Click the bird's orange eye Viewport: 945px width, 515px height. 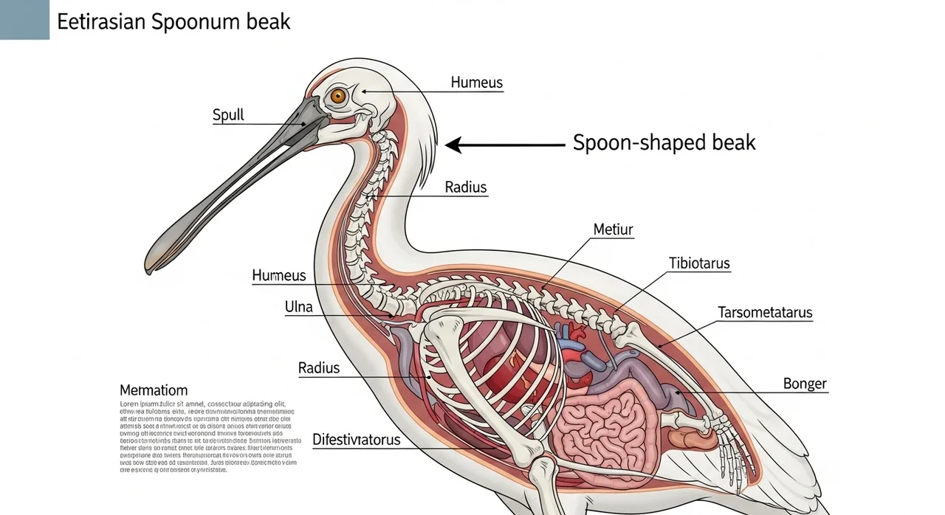pyautogui.click(x=338, y=96)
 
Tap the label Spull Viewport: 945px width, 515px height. pyautogui.click(x=228, y=115)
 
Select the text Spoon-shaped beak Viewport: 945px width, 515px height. pyautogui.click(x=664, y=143)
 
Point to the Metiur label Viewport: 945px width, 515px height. pyautogui.click(x=613, y=230)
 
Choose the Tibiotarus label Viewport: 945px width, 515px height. pyautogui.click(x=699, y=263)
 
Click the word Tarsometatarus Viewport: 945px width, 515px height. pyautogui.click(x=765, y=312)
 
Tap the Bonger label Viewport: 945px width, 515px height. pyautogui.click(x=805, y=384)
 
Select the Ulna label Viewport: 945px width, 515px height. pyautogui.click(x=298, y=307)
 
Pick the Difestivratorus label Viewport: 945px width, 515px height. pyautogui.click(x=356, y=440)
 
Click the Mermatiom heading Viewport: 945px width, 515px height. pyautogui.click(x=154, y=390)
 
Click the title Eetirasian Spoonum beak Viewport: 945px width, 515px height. pyautogui.click(x=173, y=21)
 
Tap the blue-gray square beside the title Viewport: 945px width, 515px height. pyautogui.click(x=24, y=19)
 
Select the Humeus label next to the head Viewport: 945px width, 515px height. pyautogui.click(x=476, y=83)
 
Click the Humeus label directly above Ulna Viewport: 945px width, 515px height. pyautogui.click(x=278, y=276)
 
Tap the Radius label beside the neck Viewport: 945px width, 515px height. pyautogui.click(x=466, y=187)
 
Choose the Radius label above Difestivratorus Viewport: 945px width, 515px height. pyautogui.click(x=319, y=367)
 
